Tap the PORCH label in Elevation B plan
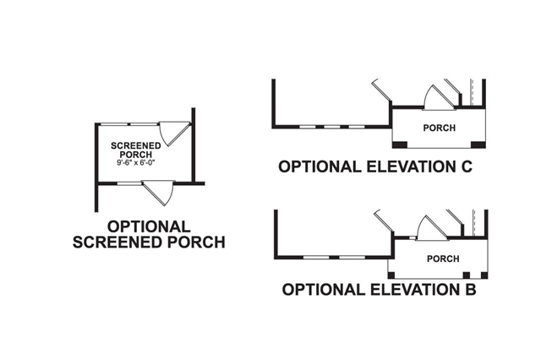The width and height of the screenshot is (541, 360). click(x=443, y=259)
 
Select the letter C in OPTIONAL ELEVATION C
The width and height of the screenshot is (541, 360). click(x=464, y=167)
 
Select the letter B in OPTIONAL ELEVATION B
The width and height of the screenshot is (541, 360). click(x=469, y=292)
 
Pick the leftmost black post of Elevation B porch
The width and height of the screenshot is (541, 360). click(x=391, y=275)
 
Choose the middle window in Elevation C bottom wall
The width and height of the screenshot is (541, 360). click(x=331, y=128)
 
